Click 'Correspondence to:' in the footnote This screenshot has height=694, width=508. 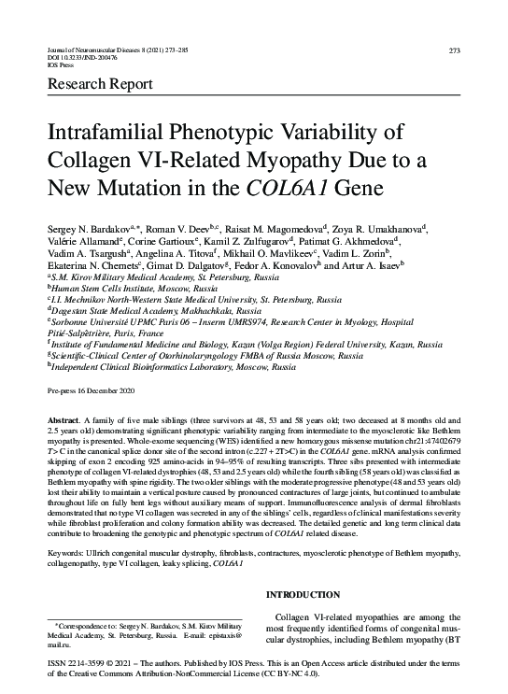[89, 623]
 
